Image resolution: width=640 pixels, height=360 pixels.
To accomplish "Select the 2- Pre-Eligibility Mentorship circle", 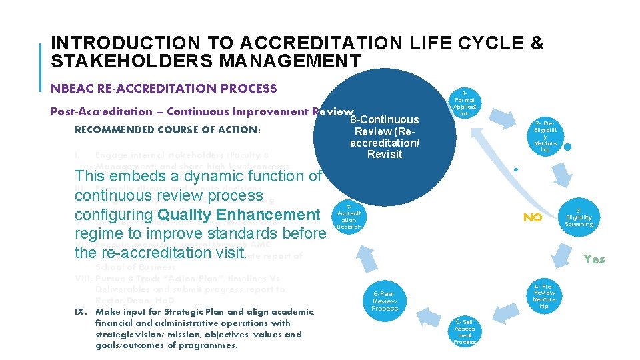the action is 545,136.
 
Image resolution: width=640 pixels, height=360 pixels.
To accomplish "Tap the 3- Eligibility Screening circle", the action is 579,217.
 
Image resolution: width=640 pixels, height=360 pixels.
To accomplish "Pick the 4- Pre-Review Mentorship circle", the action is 545,297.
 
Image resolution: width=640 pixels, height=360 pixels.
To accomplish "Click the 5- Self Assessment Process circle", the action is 465,331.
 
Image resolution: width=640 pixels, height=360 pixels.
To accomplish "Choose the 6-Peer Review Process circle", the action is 385,301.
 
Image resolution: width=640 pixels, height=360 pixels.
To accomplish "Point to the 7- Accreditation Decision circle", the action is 349,217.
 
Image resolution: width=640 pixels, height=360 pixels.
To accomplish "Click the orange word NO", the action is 532,218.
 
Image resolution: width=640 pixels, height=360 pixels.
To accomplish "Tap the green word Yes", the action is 593,259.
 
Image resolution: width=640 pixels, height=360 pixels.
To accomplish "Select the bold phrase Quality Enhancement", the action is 239,215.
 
